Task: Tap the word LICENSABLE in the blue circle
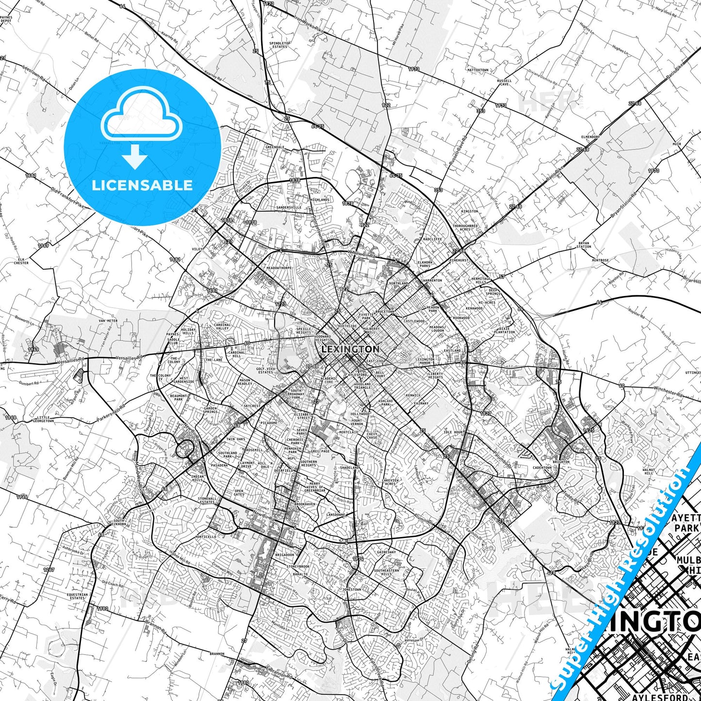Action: pos(142,185)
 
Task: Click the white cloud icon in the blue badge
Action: pos(141,115)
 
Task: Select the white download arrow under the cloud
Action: pos(135,157)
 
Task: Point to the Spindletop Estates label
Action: pos(280,45)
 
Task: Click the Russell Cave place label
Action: pos(504,82)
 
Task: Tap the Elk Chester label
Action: pos(21,261)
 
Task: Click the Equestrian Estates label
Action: pos(78,596)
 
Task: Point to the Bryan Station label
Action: pos(584,245)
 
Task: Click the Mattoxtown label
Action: pos(477,70)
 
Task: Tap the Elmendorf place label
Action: pos(590,137)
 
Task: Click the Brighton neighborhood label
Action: pos(561,462)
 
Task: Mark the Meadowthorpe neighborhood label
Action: pos(279,268)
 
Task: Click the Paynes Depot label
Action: pos(6,19)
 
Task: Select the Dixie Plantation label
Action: pos(505,330)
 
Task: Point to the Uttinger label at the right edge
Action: pos(692,373)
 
